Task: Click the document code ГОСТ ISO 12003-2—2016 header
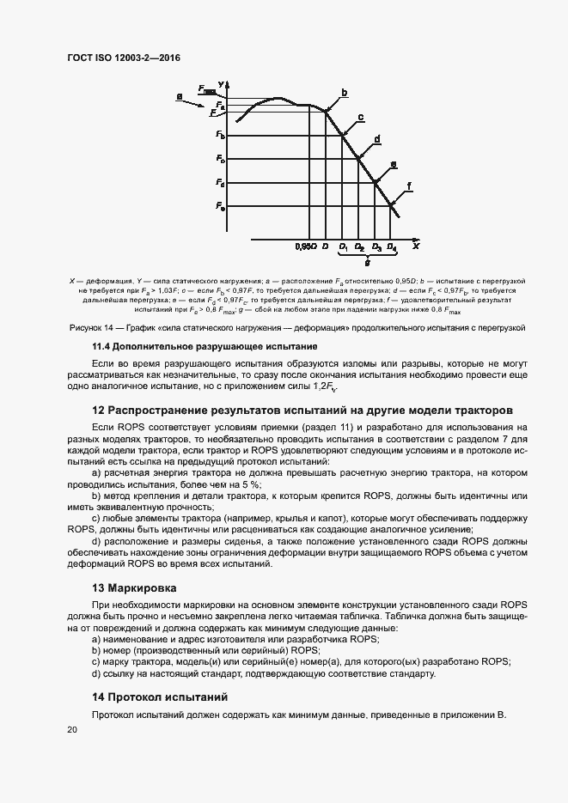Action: (x=124, y=58)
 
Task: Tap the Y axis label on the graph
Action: (x=222, y=83)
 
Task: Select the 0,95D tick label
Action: (x=306, y=247)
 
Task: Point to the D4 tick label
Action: (x=391, y=247)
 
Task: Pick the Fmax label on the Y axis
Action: (x=206, y=89)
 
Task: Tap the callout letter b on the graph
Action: (x=344, y=92)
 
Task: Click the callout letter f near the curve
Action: (x=409, y=186)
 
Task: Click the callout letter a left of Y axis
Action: (x=179, y=97)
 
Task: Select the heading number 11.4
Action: (x=105, y=346)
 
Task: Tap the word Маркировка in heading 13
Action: (x=142, y=588)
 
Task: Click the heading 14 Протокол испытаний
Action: (x=159, y=697)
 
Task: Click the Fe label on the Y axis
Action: (x=221, y=207)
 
